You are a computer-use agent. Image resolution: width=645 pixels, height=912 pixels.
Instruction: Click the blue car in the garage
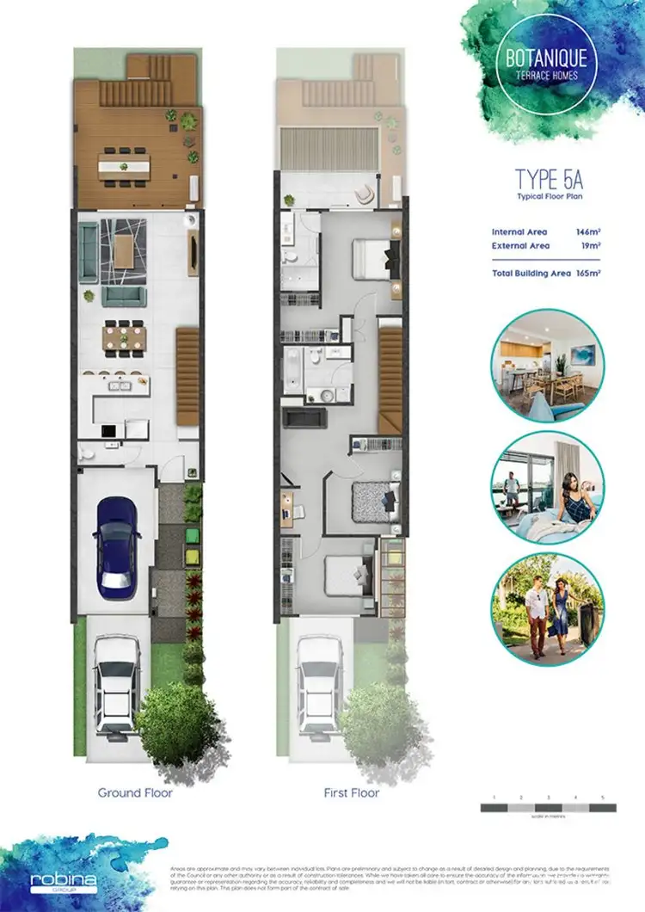point(117,547)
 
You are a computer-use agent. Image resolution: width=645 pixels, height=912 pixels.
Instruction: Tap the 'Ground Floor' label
point(135,792)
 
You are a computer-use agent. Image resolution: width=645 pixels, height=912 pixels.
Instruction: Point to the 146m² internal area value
point(588,232)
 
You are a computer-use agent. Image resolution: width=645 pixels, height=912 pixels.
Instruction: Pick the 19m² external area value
point(590,246)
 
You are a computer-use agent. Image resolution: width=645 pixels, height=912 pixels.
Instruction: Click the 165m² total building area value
point(588,273)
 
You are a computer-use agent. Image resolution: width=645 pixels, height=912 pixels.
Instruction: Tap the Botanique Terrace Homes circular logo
point(547,63)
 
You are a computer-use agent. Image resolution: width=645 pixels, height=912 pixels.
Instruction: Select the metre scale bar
point(548,808)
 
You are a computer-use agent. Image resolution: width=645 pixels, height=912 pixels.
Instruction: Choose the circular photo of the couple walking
point(548,610)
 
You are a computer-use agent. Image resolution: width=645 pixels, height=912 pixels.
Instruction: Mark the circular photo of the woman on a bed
point(548,487)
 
